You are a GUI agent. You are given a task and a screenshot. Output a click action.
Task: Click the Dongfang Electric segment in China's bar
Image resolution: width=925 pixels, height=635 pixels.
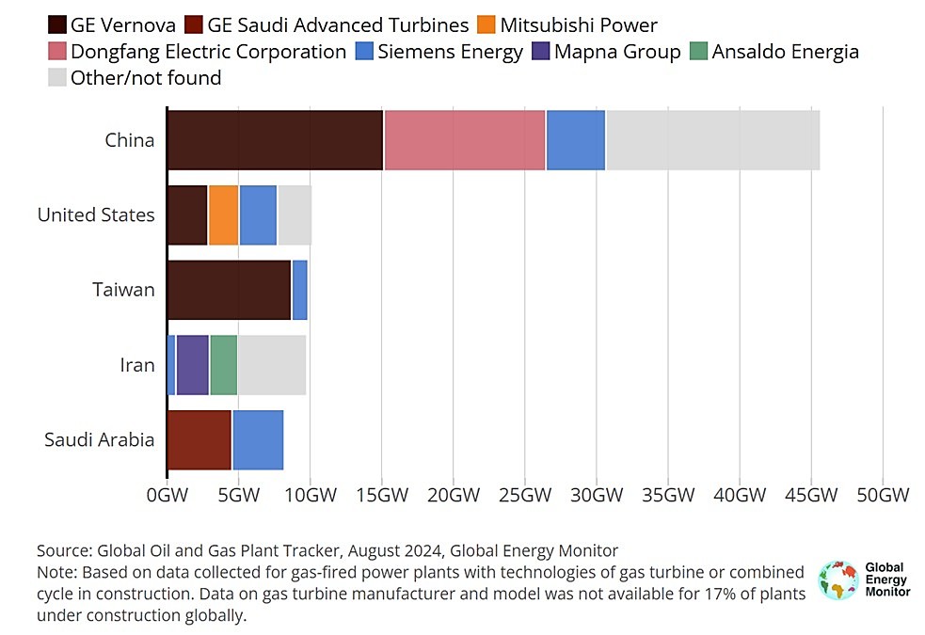click(x=464, y=140)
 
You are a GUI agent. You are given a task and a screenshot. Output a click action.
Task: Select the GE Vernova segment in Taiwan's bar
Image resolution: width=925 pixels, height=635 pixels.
click(x=229, y=291)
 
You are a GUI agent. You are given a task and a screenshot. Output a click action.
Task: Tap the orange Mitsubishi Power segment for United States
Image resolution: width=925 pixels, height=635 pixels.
click(x=223, y=215)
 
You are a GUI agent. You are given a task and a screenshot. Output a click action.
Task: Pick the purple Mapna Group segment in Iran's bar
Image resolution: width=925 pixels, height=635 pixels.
click(x=192, y=365)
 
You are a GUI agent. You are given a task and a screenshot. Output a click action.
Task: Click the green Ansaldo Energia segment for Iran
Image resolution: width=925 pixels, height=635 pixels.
click(x=223, y=365)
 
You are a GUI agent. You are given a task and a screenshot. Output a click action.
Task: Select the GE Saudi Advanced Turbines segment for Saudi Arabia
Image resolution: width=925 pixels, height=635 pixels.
click(x=199, y=440)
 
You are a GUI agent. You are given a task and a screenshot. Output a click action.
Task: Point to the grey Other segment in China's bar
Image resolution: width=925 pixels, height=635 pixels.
click(x=712, y=140)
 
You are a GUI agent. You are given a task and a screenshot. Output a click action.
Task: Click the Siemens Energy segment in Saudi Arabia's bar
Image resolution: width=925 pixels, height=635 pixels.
click(x=257, y=440)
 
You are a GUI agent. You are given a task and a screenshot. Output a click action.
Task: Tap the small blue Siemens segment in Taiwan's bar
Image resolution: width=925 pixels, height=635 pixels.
click(x=299, y=291)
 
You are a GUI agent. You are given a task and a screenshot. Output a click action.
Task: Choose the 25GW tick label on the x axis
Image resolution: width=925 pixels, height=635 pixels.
click(x=524, y=496)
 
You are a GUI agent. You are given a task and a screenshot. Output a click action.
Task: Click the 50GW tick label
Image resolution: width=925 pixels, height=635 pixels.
click(x=882, y=496)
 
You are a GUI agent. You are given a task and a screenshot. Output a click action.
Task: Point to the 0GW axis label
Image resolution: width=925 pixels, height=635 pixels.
click(x=166, y=496)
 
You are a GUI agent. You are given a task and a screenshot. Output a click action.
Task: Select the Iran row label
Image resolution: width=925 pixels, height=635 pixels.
click(x=136, y=365)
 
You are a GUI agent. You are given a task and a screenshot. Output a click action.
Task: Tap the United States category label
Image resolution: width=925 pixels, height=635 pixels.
click(x=96, y=215)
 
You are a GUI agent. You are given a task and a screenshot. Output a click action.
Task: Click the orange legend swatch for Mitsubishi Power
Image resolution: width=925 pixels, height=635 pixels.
click(x=486, y=24)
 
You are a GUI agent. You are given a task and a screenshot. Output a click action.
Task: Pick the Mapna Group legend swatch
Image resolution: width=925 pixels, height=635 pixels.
click(x=539, y=51)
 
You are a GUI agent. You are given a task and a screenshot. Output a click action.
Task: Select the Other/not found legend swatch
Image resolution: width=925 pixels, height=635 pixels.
click(x=56, y=77)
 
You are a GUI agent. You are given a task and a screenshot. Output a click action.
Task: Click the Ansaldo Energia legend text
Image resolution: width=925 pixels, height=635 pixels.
click(x=785, y=51)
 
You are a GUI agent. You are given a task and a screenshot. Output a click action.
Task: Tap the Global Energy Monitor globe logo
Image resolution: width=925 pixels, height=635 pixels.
click(x=837, y=580)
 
